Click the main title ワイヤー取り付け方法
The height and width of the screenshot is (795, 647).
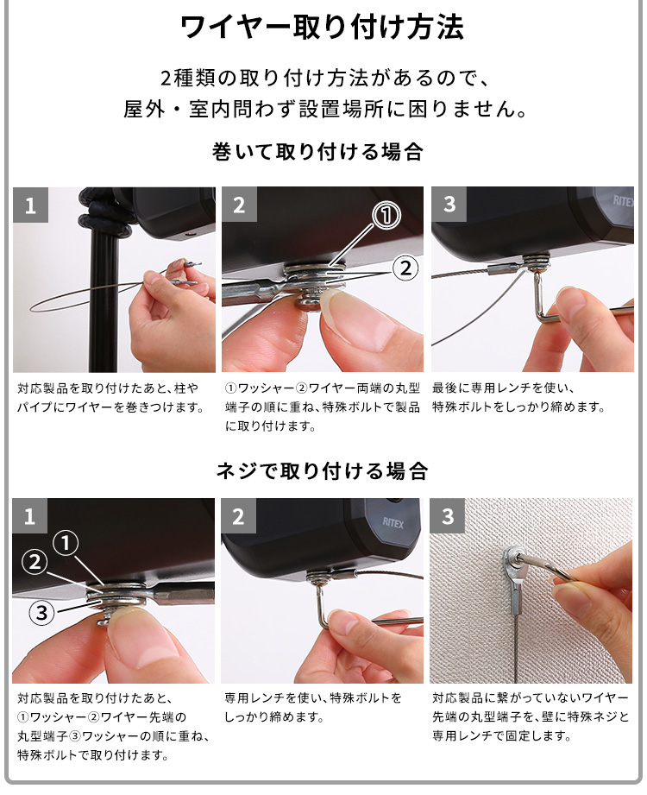(x=323, y=28)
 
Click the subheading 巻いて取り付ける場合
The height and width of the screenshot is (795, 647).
(x=317, y=152)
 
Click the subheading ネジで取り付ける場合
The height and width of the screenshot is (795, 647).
(x=323, y=471)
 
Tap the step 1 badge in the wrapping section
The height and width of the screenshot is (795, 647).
(x=30, y=205)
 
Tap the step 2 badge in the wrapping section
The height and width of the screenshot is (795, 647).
(x=239, y=205)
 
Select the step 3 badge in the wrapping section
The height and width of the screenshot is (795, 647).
(x=449, y=205)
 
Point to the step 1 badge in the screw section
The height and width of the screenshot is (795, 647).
(x=30, y=516)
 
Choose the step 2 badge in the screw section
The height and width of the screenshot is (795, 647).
(x=238, y=516)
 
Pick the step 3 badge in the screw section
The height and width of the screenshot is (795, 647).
(x=448, y=516)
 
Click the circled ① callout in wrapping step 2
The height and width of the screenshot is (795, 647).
(x=386, y=216)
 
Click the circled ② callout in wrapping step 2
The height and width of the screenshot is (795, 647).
(x=405, y=268)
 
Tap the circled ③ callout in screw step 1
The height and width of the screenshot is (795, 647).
(x=41, y=613)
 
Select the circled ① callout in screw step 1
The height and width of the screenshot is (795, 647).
(x=66, y=544)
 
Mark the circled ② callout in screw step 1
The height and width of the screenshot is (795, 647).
(x=35, y=562)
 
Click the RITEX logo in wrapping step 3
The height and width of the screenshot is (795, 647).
(x=623, y=201)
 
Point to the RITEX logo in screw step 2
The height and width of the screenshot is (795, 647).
(x=393, y=523)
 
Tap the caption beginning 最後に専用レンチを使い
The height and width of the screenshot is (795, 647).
(x=518, y=397)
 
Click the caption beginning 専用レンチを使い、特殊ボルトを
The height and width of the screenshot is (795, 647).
(x=313, y=707)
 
